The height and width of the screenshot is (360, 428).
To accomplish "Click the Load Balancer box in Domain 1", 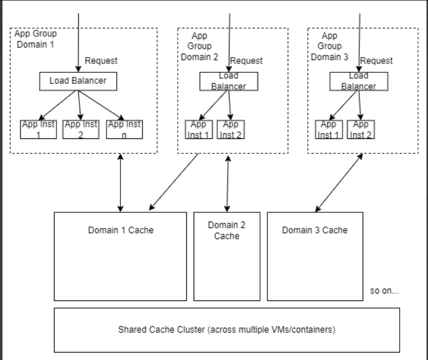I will (78, 81).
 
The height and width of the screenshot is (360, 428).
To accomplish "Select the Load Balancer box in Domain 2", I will (228, 81).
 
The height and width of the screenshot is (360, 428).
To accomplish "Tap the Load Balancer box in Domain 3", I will (359, 81).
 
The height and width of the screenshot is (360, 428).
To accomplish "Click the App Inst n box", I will (124, 129).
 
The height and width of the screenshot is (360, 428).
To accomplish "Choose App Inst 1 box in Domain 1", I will (38, 129).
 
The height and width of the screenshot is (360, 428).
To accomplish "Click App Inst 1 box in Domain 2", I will (199, 129).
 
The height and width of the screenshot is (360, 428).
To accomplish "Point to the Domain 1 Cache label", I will (120, 230).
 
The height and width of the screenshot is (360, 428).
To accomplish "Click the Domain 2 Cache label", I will (226, 231).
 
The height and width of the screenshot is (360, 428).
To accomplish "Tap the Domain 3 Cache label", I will (315, 230).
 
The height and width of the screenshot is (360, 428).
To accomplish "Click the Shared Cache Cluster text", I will (226, 329).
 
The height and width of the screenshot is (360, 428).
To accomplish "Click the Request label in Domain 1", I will (101, 61).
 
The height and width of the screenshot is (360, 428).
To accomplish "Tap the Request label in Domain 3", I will (376, 61).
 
